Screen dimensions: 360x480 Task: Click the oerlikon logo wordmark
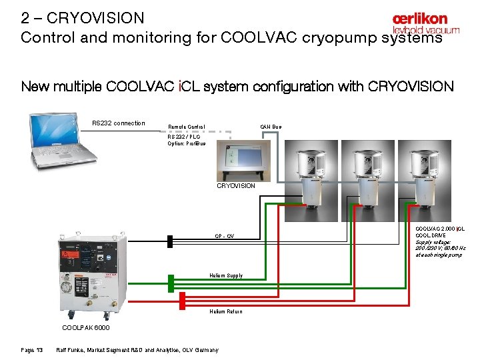click(420, 19)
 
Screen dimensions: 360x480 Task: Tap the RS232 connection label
click(118, 123)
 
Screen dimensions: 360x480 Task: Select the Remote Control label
click(187, 127)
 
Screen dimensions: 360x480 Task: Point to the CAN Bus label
click(271, 127)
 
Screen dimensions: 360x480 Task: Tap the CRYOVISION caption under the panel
click(236, 186)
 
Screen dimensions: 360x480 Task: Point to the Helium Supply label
click(226, 275)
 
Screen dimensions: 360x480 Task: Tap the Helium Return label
click(226, 311)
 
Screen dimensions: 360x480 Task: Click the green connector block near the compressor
click(171, 281)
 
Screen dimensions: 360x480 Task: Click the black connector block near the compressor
click(171, 241)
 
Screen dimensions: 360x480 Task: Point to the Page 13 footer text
click(32, 350)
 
